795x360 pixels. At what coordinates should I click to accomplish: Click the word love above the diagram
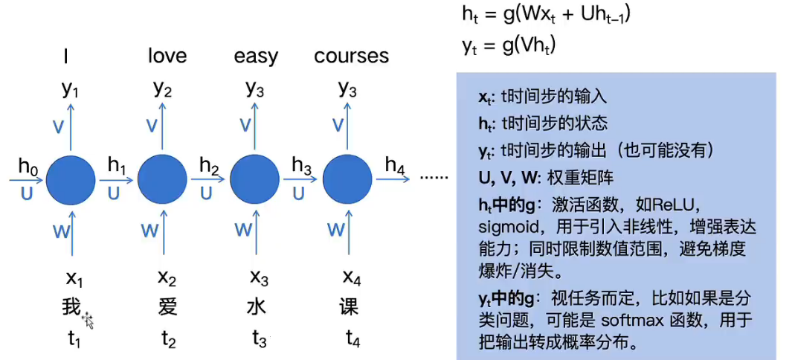(167, 56)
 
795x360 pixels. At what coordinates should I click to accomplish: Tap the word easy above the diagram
(256, 57)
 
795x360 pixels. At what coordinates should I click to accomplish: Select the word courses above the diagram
(351, 56)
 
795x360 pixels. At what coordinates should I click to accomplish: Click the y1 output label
(71, 89)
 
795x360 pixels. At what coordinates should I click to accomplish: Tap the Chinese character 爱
(168, 307)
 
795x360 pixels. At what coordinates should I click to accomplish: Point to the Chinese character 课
(350, 307)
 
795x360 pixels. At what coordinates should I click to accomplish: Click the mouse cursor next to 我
(88, 320)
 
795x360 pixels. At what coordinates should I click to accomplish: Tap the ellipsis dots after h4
(434, 179)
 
